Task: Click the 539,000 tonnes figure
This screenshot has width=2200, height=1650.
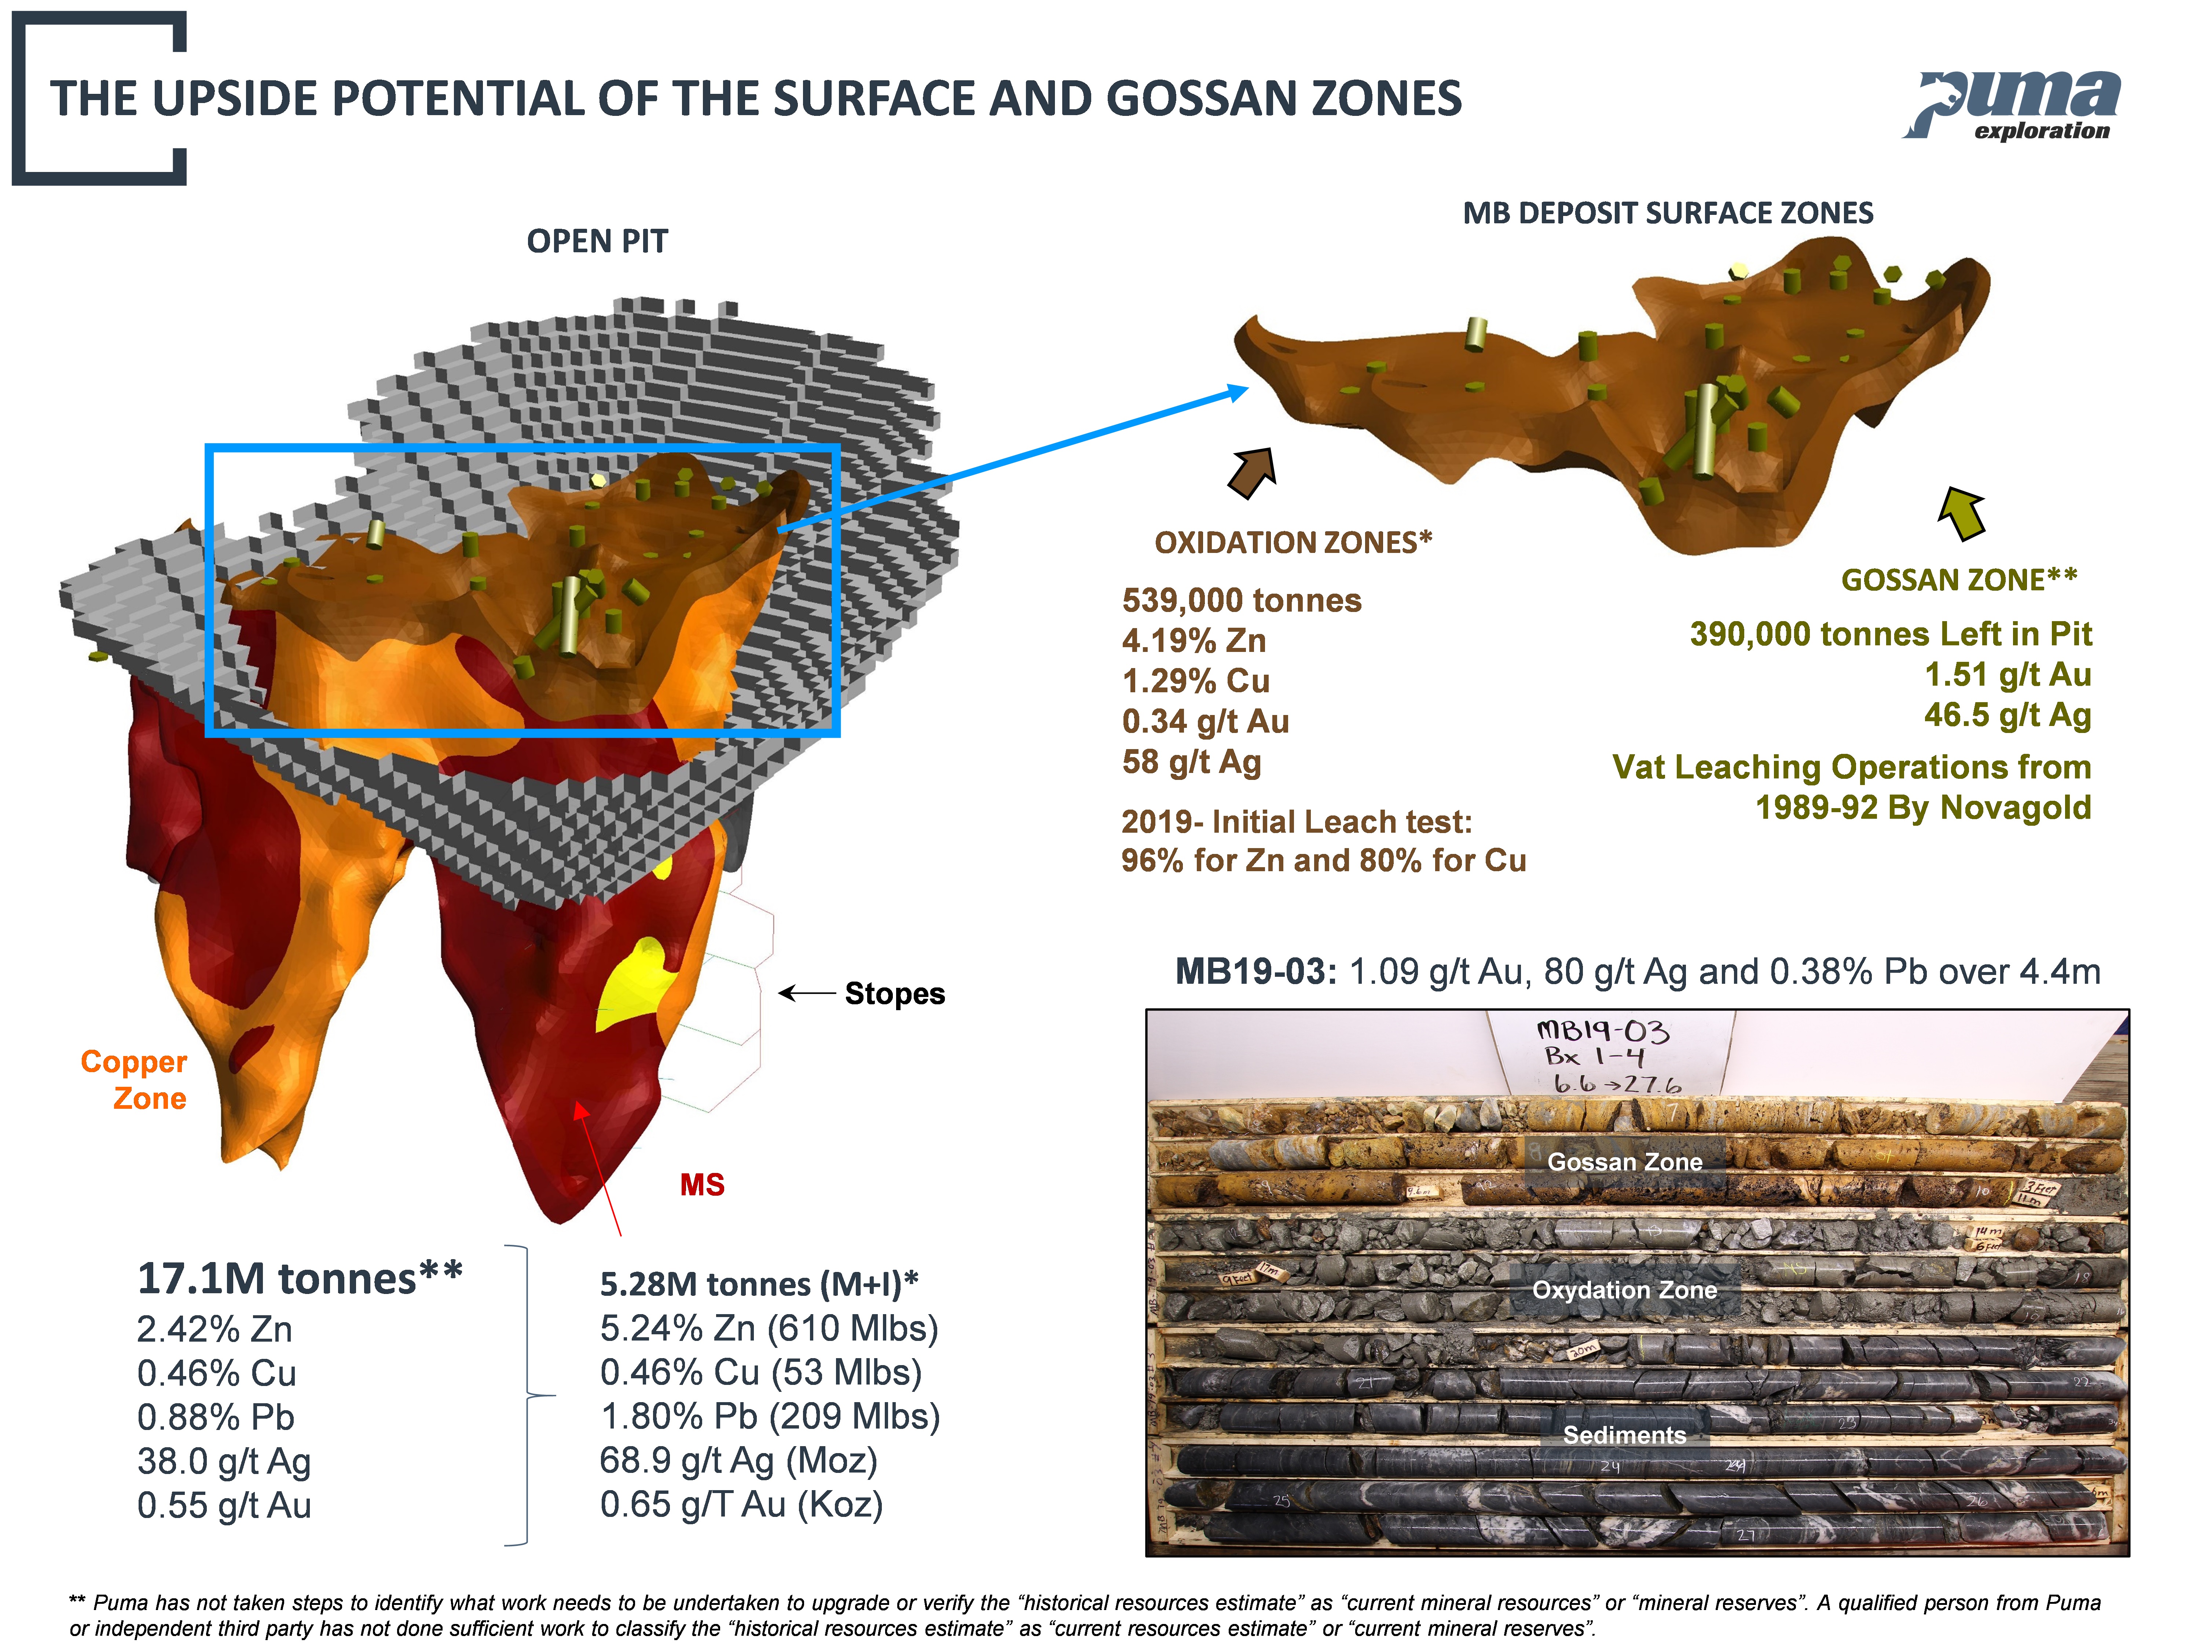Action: click(1241, 601)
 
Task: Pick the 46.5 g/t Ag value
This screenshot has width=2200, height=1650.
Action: click(2007, 715)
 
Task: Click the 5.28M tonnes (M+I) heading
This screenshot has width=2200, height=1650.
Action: click(758, 1284)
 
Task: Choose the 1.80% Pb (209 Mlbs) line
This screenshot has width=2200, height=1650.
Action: click(769, 1416)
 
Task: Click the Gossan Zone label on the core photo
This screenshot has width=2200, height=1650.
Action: click(1624, 1162)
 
